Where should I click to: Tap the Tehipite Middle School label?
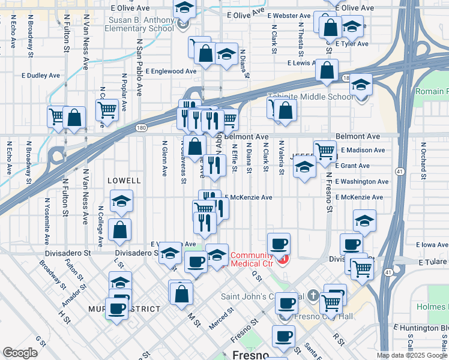(x=318, y=97)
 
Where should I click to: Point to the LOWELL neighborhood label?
(x=124, y=180)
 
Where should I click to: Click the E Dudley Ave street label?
(x=41, y=76)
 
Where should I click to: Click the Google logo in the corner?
(x=20, y=353)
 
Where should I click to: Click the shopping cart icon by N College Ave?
(x=107, y=109)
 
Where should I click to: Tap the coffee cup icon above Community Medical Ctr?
(x=279, y=244)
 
